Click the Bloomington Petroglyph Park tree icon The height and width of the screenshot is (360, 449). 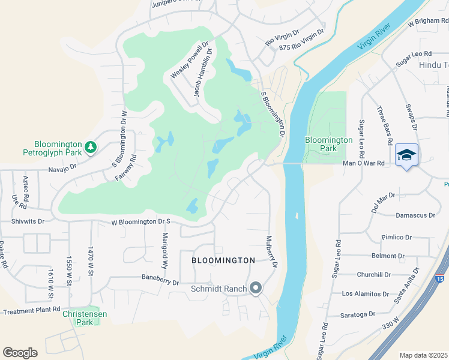click(x=90, y=146)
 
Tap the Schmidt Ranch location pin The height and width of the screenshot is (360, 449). click(x=256, y=289)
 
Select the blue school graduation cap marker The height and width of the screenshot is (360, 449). click(x=406, y=155)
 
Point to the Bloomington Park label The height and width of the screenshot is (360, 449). click(x=328, y=144)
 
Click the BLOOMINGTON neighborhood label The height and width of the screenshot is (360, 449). click(x=223, y=260)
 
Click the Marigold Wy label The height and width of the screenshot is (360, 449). click(x=164, y=246)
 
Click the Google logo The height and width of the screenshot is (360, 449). click(x=20, y=352)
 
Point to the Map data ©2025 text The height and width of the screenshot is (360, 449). click(x=423, y=355)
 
